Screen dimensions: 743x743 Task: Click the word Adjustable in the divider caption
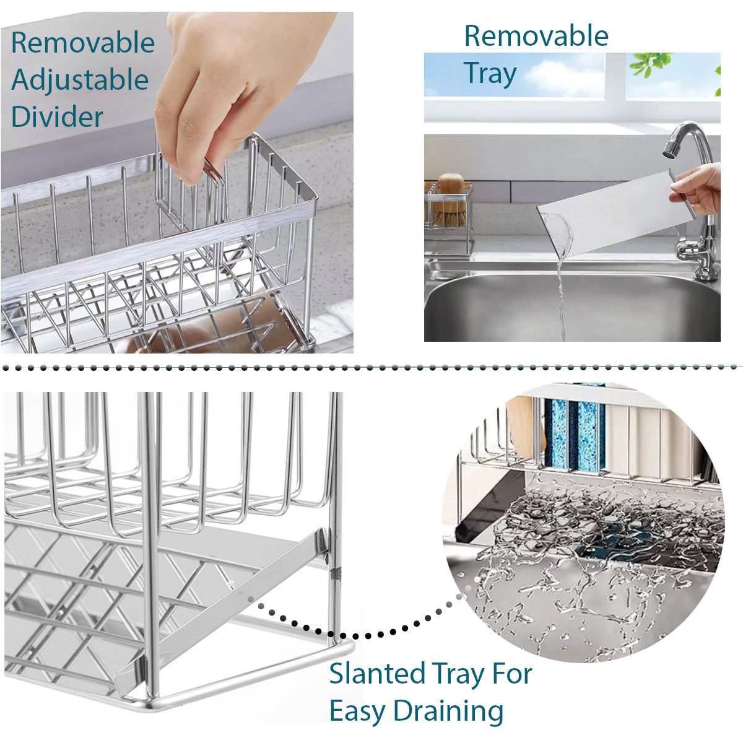[x=80, y=81]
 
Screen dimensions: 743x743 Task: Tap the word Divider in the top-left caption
[x=57, y=117]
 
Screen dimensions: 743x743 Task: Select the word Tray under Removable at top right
[x=490, y=74]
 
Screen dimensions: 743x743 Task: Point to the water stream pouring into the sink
[x=561, y=297]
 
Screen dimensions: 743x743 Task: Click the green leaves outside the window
[x=650, y=63]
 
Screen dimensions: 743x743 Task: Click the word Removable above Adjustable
[x=83, y=43]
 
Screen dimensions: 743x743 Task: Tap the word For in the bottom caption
[x=511, y=674]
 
